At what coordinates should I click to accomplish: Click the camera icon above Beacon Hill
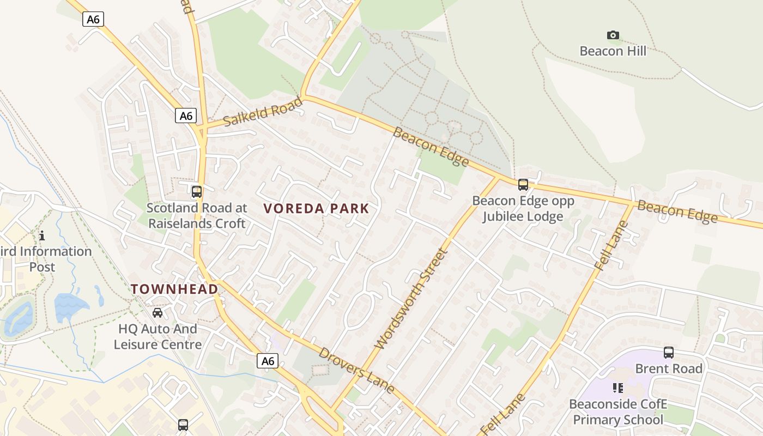613,35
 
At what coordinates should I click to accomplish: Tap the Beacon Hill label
613,51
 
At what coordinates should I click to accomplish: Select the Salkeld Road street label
263,112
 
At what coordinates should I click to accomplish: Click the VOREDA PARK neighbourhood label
317,208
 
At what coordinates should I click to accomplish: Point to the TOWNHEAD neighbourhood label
174,289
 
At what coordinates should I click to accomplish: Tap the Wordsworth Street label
412,299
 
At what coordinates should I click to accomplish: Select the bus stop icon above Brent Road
669,353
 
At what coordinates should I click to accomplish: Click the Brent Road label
669,369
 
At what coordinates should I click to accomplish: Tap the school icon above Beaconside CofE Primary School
618,388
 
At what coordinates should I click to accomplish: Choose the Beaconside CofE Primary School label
618,412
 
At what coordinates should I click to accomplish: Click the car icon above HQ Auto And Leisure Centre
158,313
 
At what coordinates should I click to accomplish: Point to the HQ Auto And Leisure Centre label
158,337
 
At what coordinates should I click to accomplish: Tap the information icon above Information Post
42,236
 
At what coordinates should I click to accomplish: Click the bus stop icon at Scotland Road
197,192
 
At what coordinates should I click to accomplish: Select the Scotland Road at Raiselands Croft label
197,216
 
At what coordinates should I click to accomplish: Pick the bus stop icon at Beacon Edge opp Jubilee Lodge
523,185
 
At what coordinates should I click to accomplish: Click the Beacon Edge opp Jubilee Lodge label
523,209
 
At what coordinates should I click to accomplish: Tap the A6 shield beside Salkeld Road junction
186,116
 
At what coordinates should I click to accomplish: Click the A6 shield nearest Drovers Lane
268,361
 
